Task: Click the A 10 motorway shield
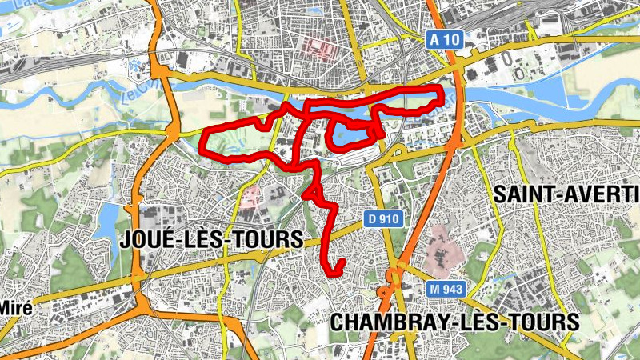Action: (445, 39)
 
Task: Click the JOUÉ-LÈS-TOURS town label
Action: (211, 239)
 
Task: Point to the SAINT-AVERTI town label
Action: (566, 194)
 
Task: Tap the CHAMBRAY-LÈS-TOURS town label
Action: (454, 322)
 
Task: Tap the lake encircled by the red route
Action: (350, 134)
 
